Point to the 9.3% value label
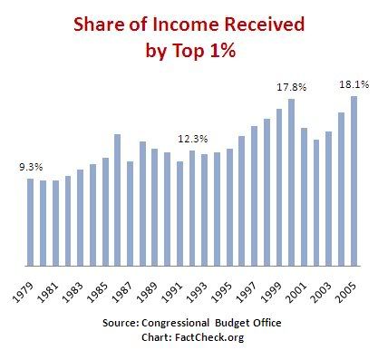pyautogui.click(x=31, y=168)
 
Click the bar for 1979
pyautogui.click(x=30, y=222)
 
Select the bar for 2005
pyautogui.click(x=354, y=181)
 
